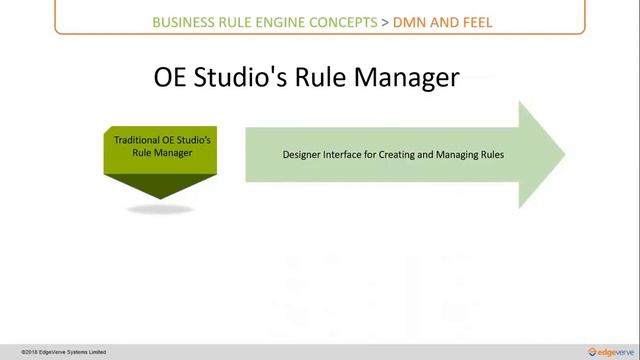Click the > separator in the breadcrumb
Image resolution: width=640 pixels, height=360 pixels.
click(x=387, y=21)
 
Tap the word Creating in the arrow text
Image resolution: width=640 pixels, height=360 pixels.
click(x=418, y=155)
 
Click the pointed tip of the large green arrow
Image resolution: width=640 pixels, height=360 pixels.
click(x=562, y=154)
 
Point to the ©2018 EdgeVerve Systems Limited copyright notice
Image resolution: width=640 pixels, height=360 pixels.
click(x=56, y=352)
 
